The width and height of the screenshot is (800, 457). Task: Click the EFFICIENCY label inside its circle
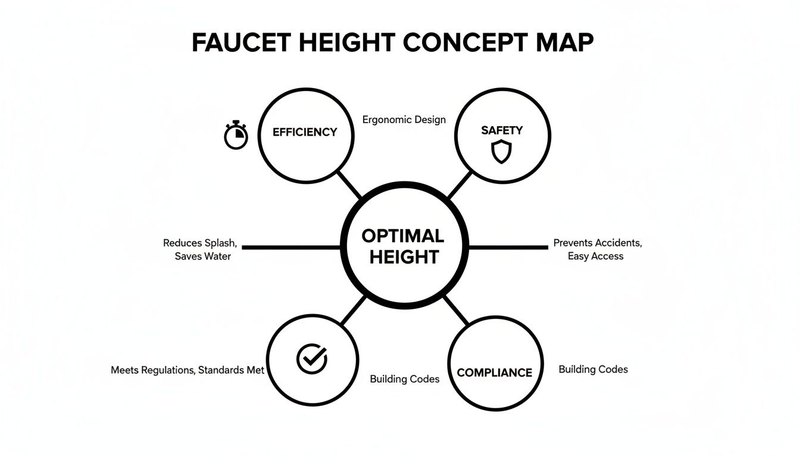[305, 132]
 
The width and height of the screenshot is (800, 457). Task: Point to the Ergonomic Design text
[404, 120]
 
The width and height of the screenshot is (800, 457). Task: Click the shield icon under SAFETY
[501, 152]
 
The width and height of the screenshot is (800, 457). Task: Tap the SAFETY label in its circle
[502, 130]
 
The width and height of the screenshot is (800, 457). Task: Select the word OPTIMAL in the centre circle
[403, 236]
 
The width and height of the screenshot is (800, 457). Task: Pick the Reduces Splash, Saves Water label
[201, 249]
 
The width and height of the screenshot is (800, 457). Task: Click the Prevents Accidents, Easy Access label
[597, 249]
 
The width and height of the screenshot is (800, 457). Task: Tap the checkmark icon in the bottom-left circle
[312, 359]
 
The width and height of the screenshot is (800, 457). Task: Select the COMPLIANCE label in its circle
[494, 373]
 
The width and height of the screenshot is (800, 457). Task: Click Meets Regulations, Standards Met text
[187, 370]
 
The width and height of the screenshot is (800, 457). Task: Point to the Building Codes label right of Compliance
[593, 370]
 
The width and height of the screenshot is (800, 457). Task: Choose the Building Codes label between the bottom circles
[405, 379]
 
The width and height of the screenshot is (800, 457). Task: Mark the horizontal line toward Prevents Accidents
[509, 246]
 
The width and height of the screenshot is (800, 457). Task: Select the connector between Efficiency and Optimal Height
[350, 185]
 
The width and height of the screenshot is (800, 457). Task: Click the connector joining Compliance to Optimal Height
[455, 309]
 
